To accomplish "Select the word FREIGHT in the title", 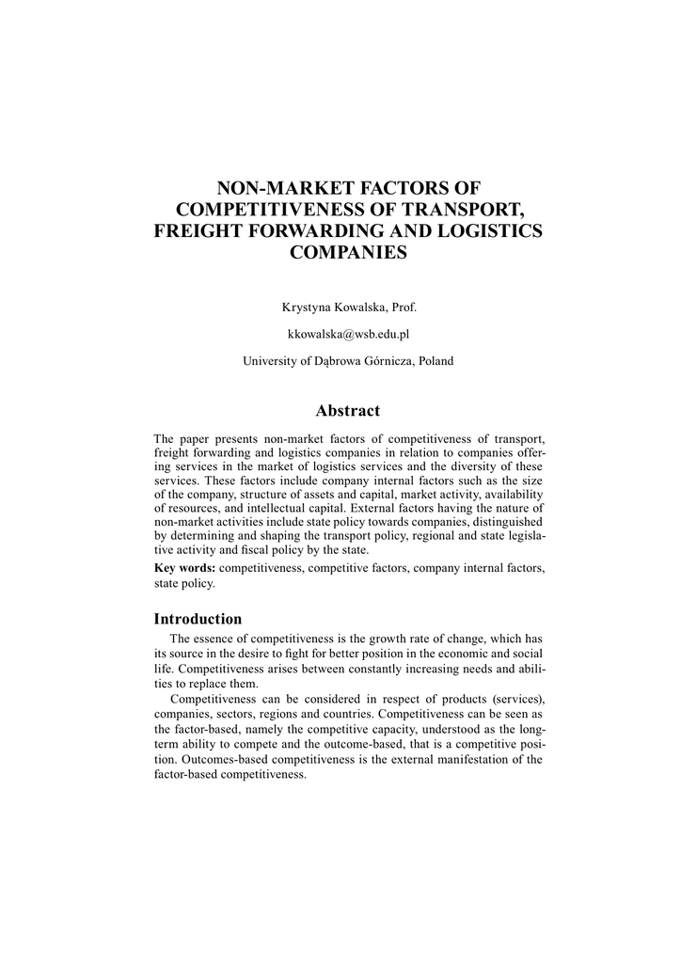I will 197,230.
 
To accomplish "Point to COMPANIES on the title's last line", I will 348,252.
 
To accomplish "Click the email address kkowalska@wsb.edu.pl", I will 348,334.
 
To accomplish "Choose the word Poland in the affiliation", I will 436,360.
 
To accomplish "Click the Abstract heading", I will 348,410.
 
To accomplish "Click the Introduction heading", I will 198,619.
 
